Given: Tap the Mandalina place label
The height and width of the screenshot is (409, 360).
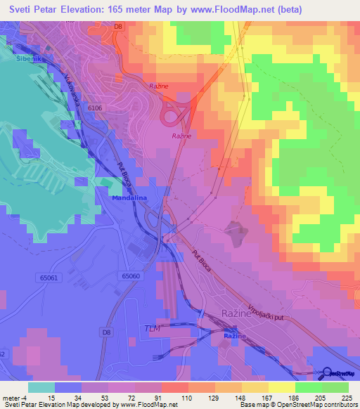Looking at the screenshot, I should click(129, 199).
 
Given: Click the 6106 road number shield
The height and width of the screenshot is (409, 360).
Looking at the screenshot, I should click(96, 108).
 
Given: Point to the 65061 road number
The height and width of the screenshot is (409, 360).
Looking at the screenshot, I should click(49, 278).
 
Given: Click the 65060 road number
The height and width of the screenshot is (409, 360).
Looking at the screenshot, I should click(131, 276).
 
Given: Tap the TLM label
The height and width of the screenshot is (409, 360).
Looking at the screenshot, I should click(151, 329).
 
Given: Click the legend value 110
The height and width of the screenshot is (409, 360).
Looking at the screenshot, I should click(186, 397).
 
